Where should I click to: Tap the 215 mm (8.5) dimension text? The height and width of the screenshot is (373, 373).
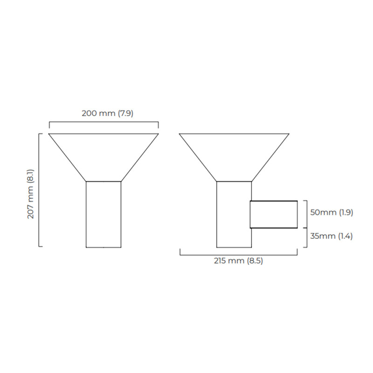pyautogui.click(x=239, y=261)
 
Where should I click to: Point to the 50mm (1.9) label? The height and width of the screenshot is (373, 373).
pyautogui.click(x=332, y=212)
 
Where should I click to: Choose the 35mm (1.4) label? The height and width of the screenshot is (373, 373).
pyautogui.click(x=332, y=236)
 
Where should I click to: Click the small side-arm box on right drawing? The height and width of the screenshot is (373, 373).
pyautogui.click(x=274, y=214)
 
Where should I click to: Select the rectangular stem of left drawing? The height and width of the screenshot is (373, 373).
pyautogui.click(x=104, y=214)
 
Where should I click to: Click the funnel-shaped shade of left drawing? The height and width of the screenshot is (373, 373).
pyautogui.click(x=104, y=154)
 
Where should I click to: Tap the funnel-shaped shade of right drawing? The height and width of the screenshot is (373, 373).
pyautogui.click(x=234, y=154)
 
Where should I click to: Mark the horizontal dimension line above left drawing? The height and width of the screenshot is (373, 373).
pyautogui.click(x=104, y=122)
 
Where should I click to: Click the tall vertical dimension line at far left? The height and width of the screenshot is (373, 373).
pyautogui.click(x=39, y=190)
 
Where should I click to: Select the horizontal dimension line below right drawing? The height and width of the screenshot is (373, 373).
pyautogui.click(x=239, y=255)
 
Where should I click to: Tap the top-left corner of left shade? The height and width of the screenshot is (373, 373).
pyautogui.click(x=49, y=134)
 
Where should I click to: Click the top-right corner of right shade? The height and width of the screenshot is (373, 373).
pyautogui.click(x=289, y=134)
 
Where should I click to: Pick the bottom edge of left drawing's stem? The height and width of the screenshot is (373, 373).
pyautogui.click(x=104, y=247)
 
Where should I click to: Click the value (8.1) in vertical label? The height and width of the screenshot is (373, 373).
pyautogui.click(x=31, y=176)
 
